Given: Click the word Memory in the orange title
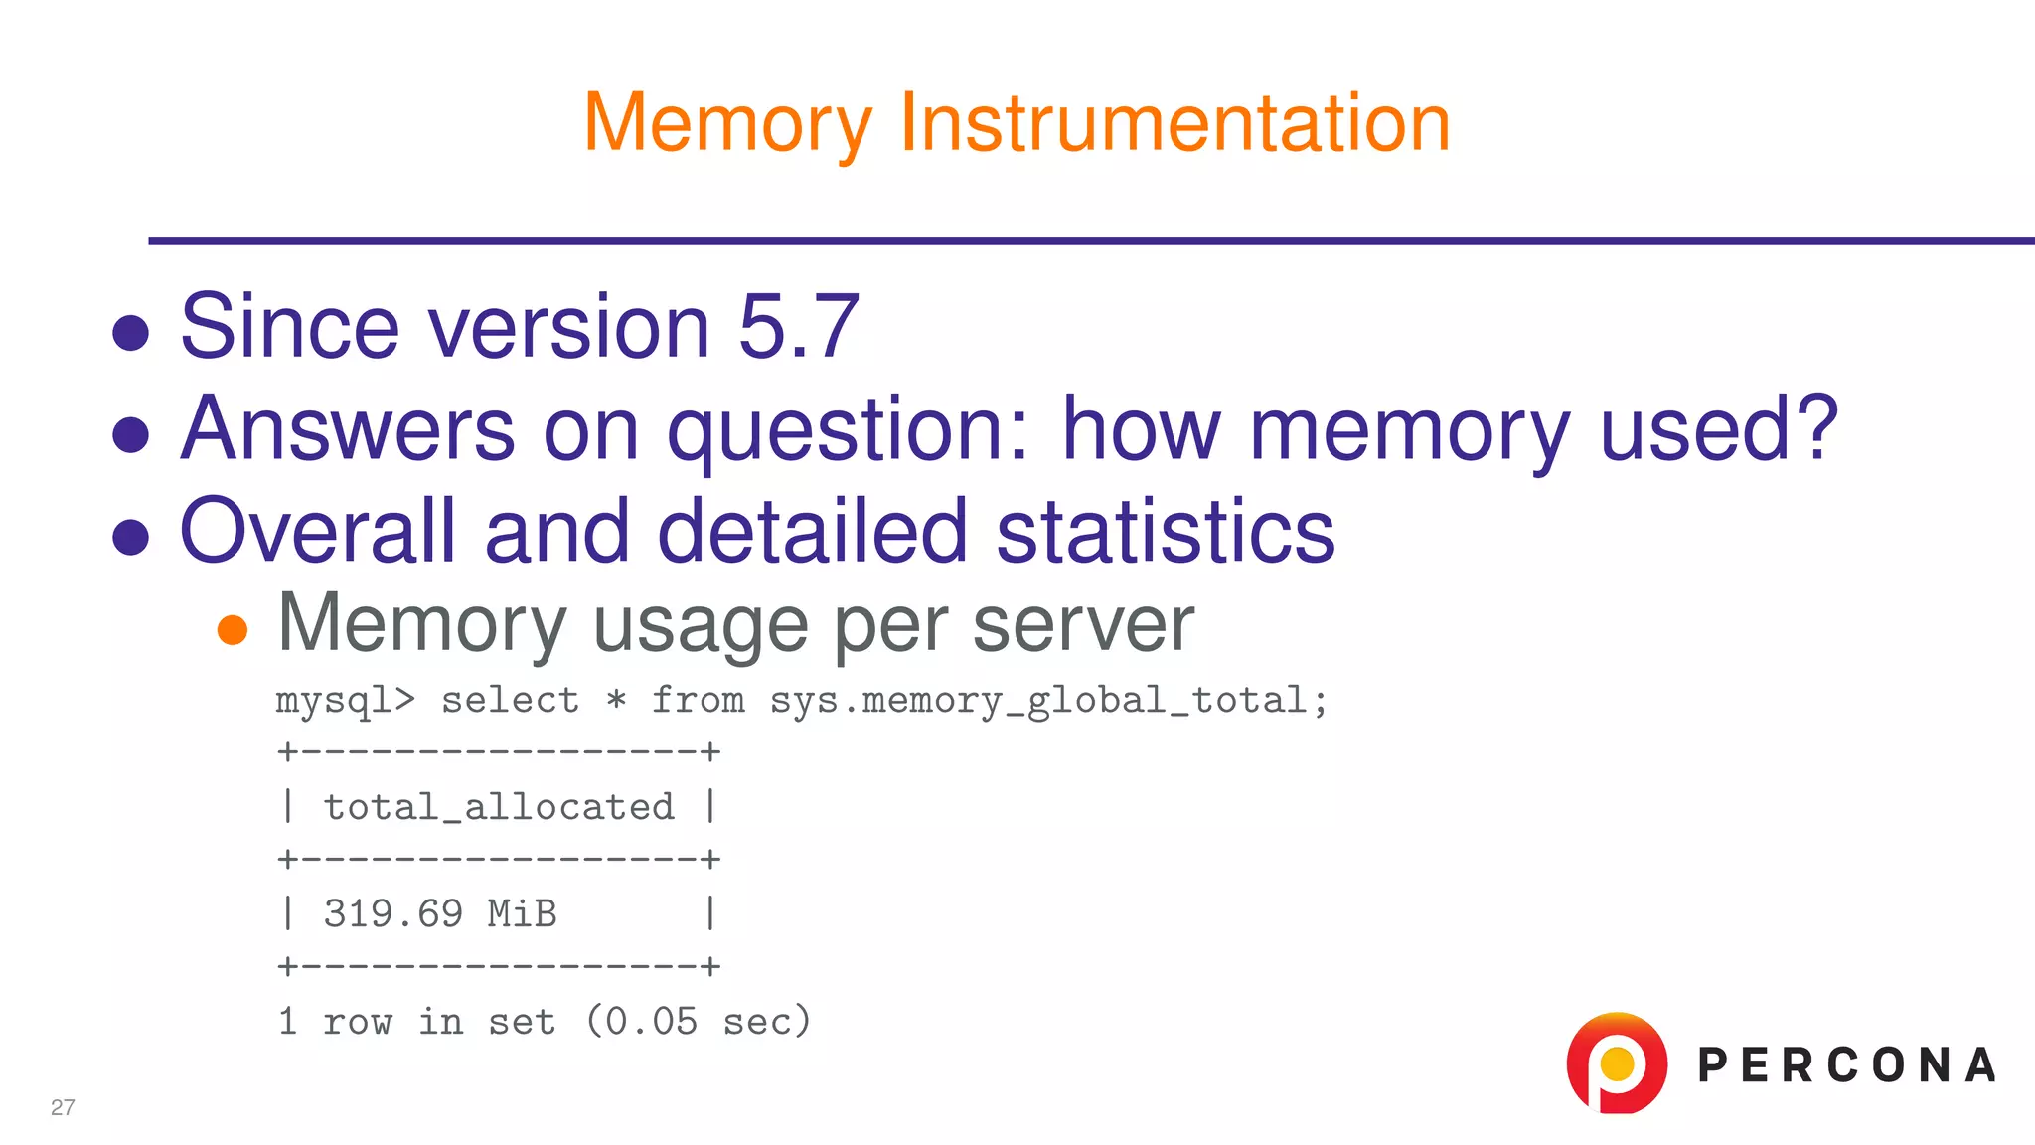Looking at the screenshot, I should (x=727, y=123).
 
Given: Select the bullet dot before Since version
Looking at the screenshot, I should (x=131, y=333).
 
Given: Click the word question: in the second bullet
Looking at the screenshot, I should (x=849, y=430).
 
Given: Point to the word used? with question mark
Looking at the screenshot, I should (x=1718, y=430).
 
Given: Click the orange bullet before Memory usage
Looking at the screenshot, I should (x=233, y=629).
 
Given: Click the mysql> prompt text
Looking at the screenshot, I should (x=345, y=701).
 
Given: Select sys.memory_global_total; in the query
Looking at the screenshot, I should (x=1049, y=701).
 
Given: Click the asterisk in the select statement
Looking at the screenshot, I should (x=616, y=701).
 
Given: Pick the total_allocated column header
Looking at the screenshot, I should (x=499, y=807).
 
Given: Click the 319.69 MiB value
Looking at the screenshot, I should (x=440, y=913).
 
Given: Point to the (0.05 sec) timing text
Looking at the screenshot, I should (x=699, y=1021).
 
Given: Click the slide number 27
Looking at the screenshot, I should (x=63, y=1107).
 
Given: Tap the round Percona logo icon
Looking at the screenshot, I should (x=1617, y=1063).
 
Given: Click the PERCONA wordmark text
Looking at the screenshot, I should (x=1846, y=1065).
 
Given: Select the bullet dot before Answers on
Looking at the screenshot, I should (x=131, y=434).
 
